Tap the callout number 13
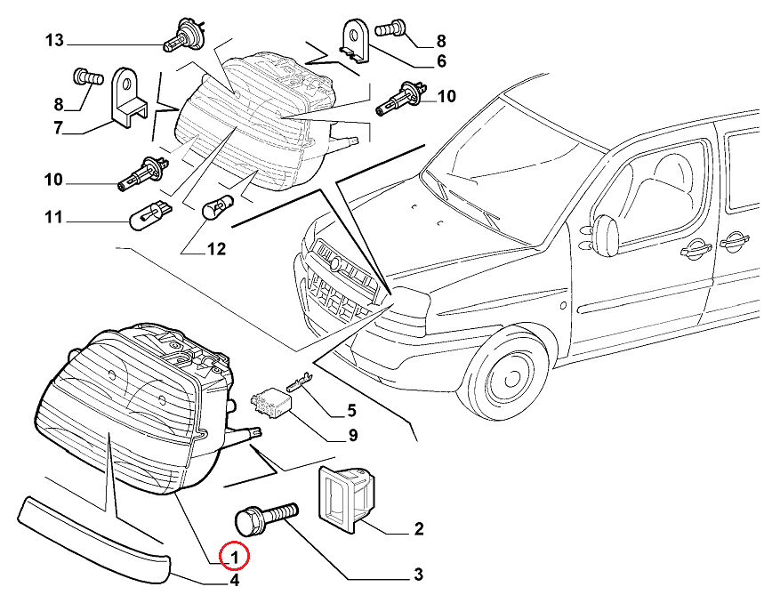(54, 41)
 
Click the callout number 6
(440, 62)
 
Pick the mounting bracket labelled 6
(356, 41)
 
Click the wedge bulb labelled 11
(149, 214)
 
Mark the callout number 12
(217, 250)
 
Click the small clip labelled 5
(299, 382)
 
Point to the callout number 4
(234, 582)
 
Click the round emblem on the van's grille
(336, 264)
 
